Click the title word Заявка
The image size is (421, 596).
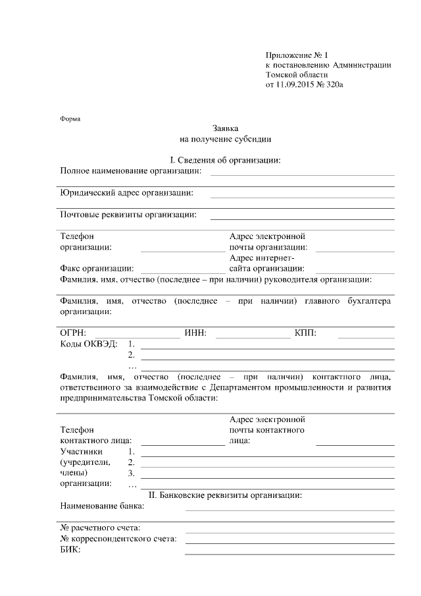[x=225, y=128]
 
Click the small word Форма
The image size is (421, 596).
[x=70, y=119]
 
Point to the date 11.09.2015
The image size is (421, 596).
[x=295, y=86]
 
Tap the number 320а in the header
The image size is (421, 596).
[x=334, y=86]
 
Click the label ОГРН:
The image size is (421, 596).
[x=73, y=333]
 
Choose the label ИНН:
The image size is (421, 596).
[x=196, y=333]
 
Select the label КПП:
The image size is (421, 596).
[x=306, y=333]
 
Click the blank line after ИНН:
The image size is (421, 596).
[x=253, y=337]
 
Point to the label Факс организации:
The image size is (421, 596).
[x=97, y=268]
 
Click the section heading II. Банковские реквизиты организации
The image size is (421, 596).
[x=226, y=495]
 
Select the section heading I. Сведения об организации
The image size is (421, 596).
[x=225, y=160]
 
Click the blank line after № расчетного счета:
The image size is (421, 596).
[x=289, y=531]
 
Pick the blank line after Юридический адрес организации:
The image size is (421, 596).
[x=302, y=196]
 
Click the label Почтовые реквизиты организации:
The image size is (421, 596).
[x=128, y=214]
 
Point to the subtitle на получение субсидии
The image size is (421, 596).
[x=225, y=139]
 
